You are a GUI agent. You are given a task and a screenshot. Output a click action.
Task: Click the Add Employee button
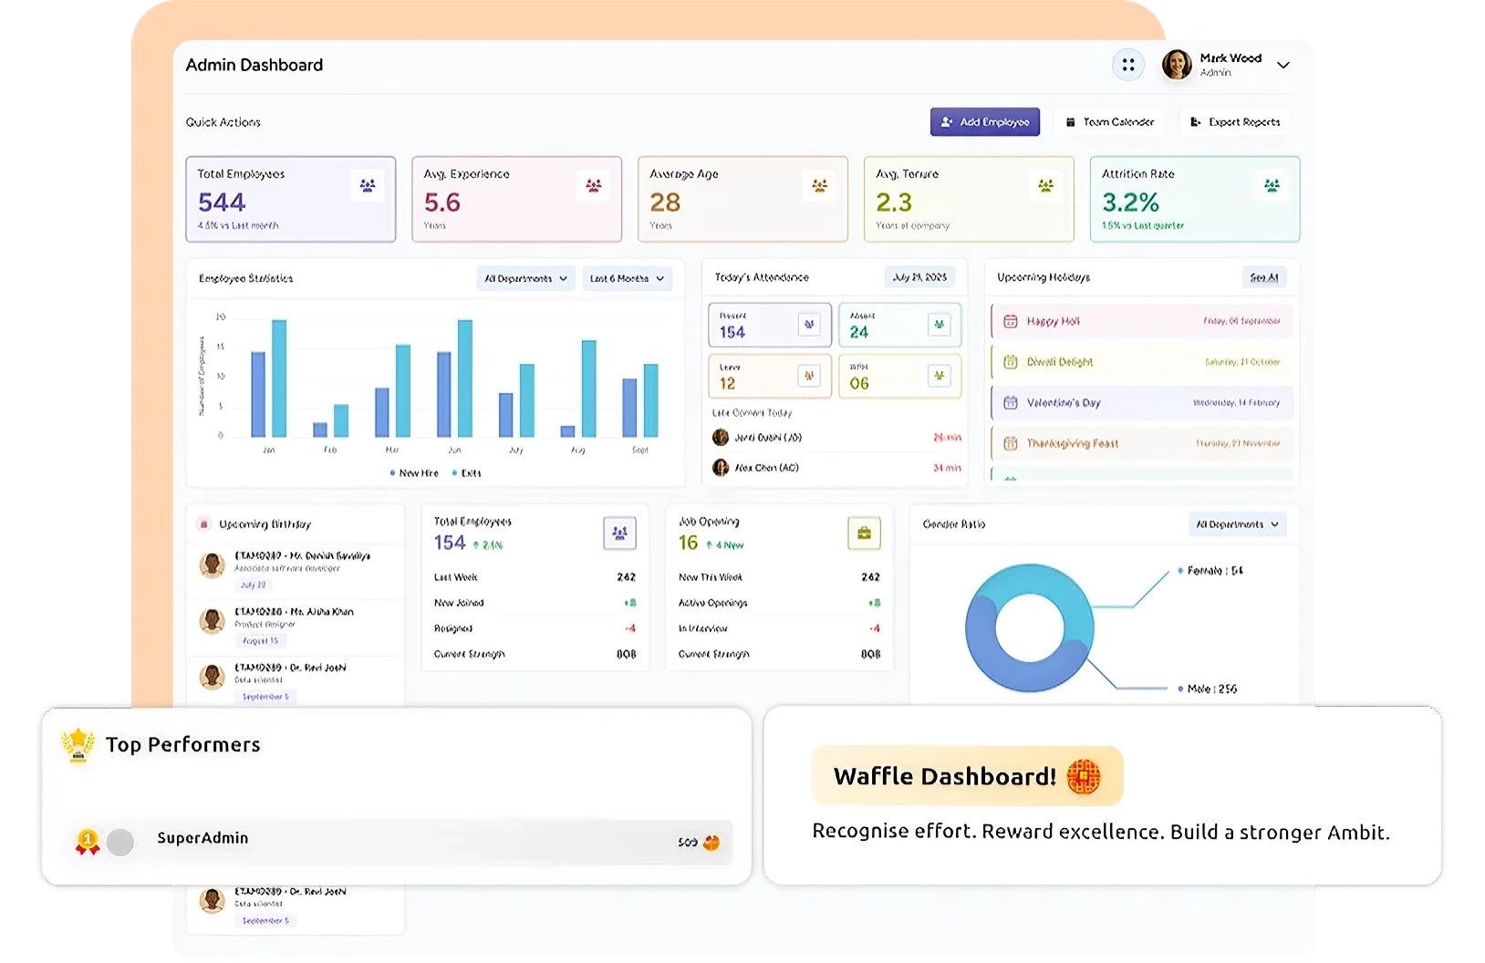click(984, 122)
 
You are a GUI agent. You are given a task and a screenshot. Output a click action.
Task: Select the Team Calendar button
click(1109, 122)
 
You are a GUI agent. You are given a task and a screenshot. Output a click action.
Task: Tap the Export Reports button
click(1235, 122)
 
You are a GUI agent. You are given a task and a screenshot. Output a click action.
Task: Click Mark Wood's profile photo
click(1177, 65)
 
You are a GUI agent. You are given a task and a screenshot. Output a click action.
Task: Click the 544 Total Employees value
click(222, 202)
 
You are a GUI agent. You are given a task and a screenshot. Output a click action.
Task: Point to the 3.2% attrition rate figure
click(1130, 202)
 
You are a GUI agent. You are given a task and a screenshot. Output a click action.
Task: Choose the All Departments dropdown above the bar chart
click(525, 278)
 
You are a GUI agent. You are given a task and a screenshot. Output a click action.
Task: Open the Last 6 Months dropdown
click(627, 278)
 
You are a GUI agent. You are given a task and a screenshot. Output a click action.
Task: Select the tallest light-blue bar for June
click(465, 378)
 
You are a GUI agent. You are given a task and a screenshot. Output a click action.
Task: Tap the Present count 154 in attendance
click(732, 333)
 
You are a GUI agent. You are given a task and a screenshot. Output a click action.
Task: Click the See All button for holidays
click(1264, 277)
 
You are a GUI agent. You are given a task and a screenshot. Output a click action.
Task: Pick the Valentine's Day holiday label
click(1064, 403)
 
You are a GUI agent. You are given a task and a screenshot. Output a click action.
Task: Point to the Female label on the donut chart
click(1214, 571)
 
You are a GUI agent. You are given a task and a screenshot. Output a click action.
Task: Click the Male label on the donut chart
click(1211, 689)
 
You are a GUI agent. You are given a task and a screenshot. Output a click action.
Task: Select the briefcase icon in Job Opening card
click(864, 533)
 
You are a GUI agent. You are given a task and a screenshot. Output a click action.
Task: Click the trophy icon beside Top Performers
click(78, 744)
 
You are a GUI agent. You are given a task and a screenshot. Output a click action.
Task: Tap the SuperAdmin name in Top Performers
click(202, 838)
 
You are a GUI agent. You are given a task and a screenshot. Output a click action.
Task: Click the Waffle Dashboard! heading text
click(944, 776)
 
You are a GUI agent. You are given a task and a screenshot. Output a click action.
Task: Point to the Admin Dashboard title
click(254, 66)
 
